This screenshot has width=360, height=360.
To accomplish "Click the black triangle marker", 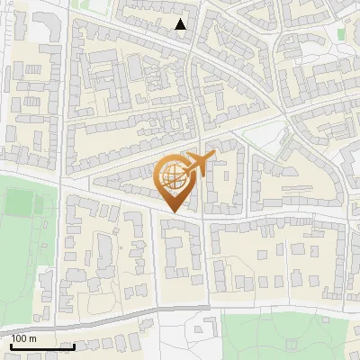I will pos(181,24).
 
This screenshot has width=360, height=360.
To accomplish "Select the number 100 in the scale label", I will pos(20,338).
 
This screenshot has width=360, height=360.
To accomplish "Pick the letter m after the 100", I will pos(33,338).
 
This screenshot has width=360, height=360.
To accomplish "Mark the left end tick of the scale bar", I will pos(11,345).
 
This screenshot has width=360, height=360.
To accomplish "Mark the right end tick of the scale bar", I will pos(74,345).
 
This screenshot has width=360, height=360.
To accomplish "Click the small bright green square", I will pos(341,33).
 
